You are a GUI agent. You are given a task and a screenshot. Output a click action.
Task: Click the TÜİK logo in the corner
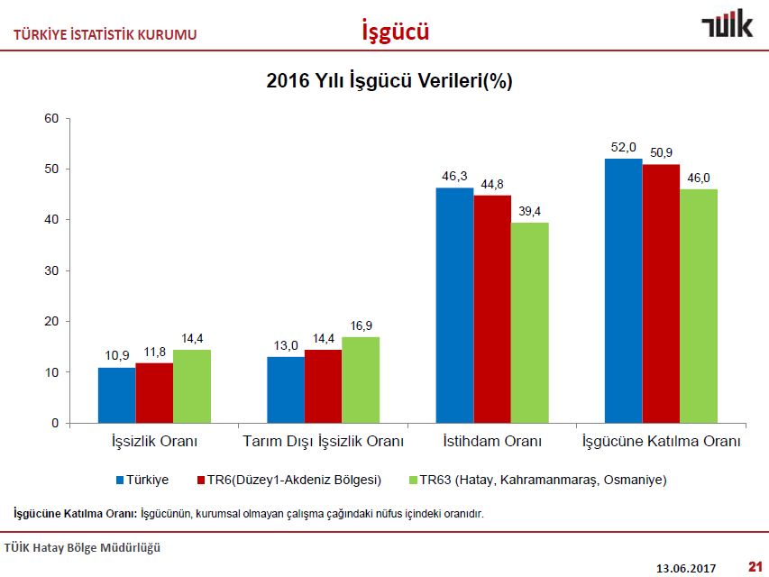727,26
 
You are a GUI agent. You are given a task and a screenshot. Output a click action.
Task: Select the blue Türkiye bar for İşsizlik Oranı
117,395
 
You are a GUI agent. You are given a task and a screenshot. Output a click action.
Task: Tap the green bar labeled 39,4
529,323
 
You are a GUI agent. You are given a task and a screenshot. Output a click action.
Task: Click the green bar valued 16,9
361,380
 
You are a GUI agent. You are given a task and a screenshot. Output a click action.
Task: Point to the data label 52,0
624,147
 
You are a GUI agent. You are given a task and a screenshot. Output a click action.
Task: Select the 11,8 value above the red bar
154,351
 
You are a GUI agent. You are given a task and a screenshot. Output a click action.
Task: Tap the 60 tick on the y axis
51,118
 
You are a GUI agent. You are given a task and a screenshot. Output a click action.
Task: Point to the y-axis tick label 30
51,270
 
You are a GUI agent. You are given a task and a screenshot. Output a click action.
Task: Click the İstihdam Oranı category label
492,442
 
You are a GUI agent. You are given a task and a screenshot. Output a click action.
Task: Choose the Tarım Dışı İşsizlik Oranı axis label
323,442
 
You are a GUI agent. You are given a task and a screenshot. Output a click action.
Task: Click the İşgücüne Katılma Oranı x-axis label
661,442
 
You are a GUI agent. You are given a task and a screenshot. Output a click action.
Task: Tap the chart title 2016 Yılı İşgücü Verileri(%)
389,80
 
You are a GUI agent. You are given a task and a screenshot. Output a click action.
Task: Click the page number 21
755,567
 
